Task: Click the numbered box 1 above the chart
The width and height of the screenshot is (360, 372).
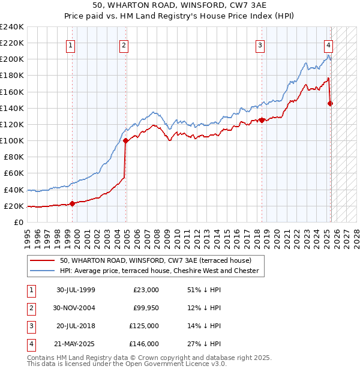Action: pyautogui.click(x=71, y=44)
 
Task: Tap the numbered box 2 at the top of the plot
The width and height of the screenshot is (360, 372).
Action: pyautogui.click(x=123, y=44)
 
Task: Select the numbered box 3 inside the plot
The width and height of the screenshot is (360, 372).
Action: pyautogui.click(x=260, y=44)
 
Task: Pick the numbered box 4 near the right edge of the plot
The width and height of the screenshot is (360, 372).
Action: pyautogui.click(x=329, y=44)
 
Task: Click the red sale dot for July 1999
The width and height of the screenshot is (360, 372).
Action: pyautogui.click(x=73, y=203)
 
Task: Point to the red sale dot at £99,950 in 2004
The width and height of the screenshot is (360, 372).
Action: pyautogui.click(x=125, y=141)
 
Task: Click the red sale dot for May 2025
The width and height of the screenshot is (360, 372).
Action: pyautogui.click(x=331, y=103)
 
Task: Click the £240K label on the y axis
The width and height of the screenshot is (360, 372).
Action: pyautogui.click(x=12, y=27)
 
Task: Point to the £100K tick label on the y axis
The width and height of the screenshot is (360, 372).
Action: pyautogui.click(x=12, y=140)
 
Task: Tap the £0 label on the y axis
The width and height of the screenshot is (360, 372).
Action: pyautogui.click(x=19, y=222)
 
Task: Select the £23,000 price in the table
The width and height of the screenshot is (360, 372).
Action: pyautogui.click(x=146, y=290)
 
